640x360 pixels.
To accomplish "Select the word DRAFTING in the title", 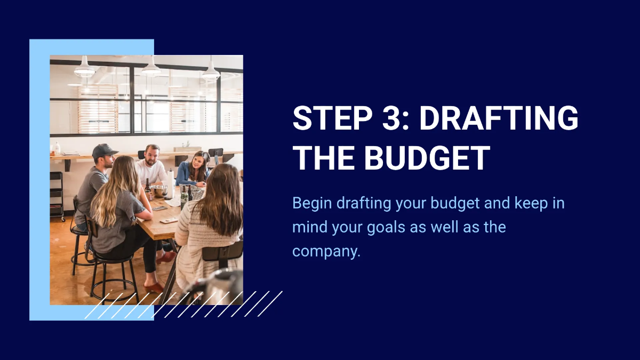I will [x=499, y=118].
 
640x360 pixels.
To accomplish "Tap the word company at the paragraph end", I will [x=326, y=251].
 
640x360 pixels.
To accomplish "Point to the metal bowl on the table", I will [x=159, y=190].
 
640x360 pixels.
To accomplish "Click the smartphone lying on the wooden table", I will [x=169, y=220].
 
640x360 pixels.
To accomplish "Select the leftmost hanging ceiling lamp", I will [x=84, y=69].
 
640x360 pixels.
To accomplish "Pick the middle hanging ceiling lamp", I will [x=151, y=69].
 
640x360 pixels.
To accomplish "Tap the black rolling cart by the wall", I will [x=57, y=195].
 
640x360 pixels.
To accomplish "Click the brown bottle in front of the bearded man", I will [x=148, y=187].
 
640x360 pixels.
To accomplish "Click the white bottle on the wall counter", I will [x=57, y=148].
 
